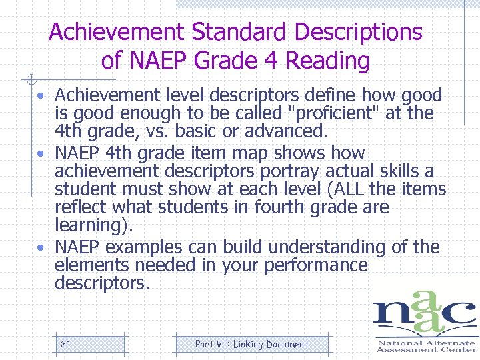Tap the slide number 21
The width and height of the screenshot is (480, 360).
[x=65, y=344]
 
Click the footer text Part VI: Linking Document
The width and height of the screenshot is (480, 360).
[x=251, y=344]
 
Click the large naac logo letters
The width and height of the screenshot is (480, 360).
[x=424, y=313]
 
